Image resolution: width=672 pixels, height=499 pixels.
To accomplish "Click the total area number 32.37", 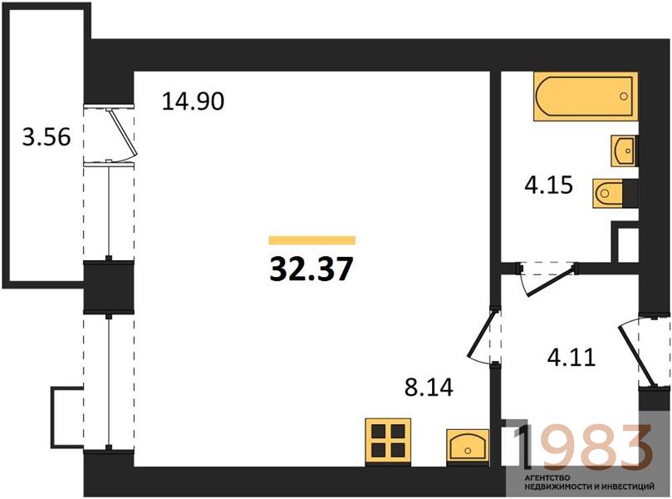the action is [x=311, y=269].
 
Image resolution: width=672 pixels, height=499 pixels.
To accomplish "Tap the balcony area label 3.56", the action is [x=47, y=138].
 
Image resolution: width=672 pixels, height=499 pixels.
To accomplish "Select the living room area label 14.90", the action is [x=193, y=101].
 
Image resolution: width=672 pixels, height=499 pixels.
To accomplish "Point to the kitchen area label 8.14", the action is [x=429, y=388].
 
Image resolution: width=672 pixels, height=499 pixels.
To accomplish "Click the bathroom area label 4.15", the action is [x=549, y=185].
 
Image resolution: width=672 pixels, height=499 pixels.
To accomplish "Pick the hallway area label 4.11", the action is [x=571, y=358].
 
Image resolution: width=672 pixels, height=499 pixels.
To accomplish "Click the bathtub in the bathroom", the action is [x=586, y=96].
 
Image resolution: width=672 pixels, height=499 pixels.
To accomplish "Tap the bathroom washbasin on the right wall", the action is [x=625, y=151].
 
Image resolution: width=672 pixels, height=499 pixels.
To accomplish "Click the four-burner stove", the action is [x=388, y=441].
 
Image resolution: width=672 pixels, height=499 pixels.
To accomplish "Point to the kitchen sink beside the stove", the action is [x=468, y=447].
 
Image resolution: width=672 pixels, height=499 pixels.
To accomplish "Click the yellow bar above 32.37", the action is [x=312, y=240].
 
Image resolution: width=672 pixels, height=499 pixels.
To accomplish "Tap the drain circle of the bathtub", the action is [x=624, y=96].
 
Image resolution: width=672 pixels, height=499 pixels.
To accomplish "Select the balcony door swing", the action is [x=123, y=134].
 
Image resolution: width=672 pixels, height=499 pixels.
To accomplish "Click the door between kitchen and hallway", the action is [x=482, y=335].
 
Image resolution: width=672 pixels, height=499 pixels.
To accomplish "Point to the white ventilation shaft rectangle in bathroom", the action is [x=628, y=245].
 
